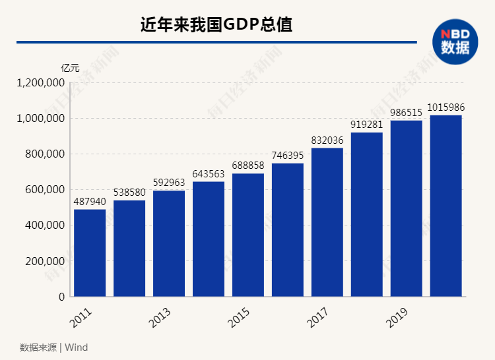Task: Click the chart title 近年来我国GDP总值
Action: click(x=216, y=25)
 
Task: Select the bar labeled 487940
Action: click(x=90, y=253)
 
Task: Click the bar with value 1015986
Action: click(x=445, y=206)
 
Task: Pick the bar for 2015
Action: click(x=248, y=235)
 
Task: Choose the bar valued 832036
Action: click(x=327, y=222)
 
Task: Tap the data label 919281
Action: click(x=366, y=124)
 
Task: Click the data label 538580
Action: click(x=129, y=192)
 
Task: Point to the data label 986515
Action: click(x=406, y=112)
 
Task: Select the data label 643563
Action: click(x=209, y=173)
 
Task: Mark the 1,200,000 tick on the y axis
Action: click(x=41, y=83)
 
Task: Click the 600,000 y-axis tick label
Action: click(x=45, y=190)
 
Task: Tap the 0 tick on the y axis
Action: click(x=61, y=297)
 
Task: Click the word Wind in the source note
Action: click(x=76, y=347)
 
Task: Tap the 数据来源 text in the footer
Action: click(x=38, y=347)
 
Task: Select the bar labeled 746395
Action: click(x=288, y=229)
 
